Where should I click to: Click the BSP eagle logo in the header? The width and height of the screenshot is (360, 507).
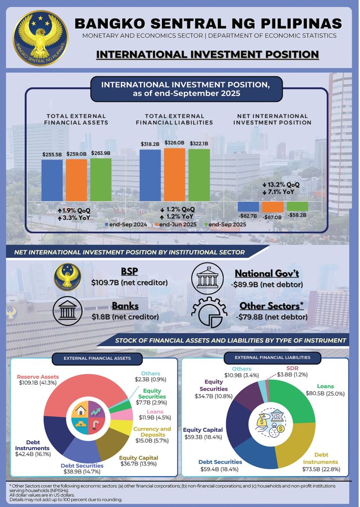(36, 33)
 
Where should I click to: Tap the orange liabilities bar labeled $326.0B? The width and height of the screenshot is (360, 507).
(174, 174)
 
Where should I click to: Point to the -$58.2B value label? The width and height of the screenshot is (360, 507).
(297, 216)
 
